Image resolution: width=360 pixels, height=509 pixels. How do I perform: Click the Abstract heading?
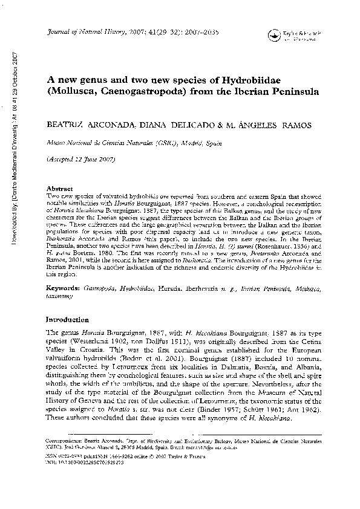tap(60, 188)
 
